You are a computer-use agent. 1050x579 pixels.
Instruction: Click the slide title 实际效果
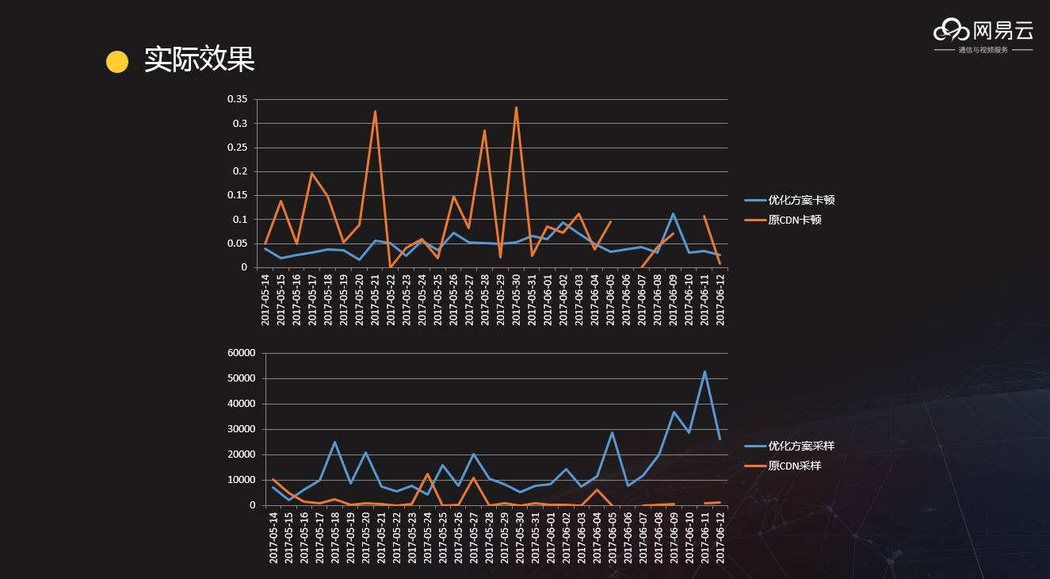coord(199,60)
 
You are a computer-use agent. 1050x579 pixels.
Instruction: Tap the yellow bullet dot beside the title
coord(117,62)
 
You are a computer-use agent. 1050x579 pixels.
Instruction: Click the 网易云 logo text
coord(1002,31)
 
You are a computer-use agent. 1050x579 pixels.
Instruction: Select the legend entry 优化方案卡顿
coord(800,200)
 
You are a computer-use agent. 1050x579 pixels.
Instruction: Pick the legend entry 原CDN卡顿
coord(794,220)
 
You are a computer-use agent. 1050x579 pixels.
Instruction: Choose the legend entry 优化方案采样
coord(800,446)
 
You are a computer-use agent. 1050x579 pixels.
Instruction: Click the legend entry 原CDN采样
coord(794,466)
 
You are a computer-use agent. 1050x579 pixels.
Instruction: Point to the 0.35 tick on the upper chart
coord(237,99)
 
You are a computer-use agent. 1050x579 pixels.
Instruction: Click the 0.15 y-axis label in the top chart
coord(237,195)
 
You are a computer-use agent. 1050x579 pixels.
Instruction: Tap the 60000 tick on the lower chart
coord(241,353)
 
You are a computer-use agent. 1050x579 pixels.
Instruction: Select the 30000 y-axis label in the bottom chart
coord(241,429)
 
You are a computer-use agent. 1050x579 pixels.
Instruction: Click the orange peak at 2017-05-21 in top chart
coord(375,112)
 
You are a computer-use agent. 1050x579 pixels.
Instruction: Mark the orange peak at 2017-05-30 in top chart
coord(516,108)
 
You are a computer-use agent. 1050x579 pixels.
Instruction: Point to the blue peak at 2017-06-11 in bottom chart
coord(704,372)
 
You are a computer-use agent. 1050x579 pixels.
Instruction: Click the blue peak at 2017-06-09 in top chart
coord(673,214)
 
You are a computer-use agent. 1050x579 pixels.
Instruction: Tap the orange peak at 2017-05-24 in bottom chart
coord(428,474)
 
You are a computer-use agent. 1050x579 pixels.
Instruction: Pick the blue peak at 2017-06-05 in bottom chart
coord(612,433)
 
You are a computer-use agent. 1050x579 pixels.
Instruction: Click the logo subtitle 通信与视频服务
coord(983,50)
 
